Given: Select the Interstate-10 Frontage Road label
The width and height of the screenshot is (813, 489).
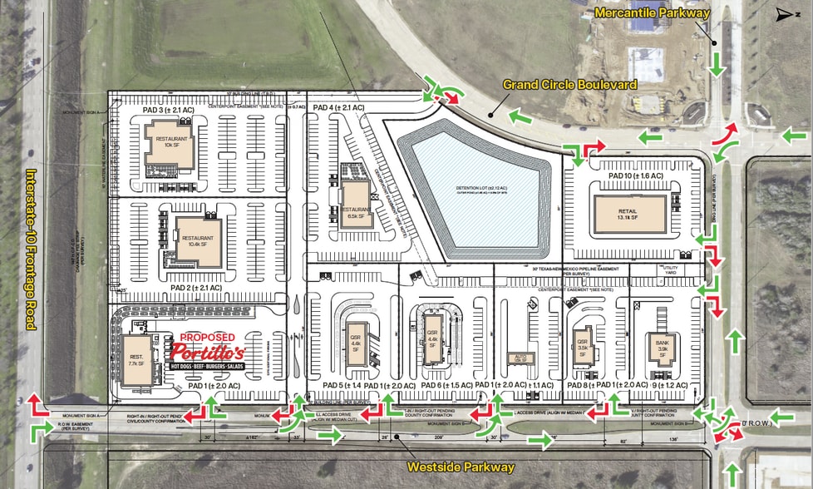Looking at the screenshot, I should pos(32,249).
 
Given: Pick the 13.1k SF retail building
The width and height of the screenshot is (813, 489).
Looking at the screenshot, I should pos(629,214).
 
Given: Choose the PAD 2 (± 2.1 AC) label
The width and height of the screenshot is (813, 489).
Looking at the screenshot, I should pos(196,288).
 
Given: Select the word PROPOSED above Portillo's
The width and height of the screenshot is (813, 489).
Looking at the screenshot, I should pos(203,337).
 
